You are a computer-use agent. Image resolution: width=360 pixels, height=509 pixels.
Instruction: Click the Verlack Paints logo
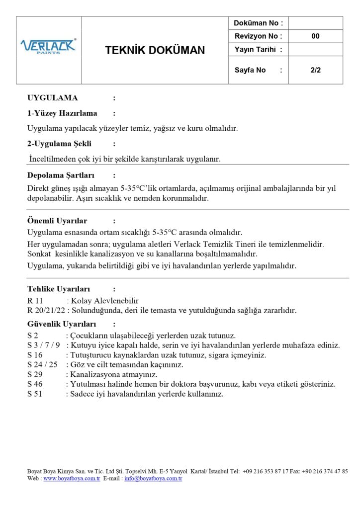48,46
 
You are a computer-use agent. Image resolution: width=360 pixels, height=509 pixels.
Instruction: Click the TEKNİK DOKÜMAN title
155,50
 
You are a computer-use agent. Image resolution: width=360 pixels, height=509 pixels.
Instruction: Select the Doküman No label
259,23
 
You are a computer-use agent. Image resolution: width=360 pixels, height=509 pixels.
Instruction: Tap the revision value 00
315,36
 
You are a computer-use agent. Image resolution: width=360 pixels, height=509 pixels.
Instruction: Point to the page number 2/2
315,70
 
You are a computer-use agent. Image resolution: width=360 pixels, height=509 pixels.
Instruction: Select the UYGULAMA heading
52,98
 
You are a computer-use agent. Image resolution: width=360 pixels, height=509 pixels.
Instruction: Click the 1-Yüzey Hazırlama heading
62,113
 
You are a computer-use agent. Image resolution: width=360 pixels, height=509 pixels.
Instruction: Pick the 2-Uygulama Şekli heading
59,144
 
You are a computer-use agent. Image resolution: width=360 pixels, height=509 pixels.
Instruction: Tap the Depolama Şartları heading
61,175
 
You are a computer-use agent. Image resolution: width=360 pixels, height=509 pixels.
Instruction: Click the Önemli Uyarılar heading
57,221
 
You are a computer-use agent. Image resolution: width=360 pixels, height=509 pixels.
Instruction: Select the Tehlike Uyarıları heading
58,289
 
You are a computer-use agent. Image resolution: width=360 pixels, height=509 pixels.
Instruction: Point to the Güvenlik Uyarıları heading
61,324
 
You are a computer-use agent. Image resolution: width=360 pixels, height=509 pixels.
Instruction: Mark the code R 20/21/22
46,311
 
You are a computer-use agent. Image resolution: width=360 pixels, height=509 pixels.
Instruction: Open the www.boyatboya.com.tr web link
72,479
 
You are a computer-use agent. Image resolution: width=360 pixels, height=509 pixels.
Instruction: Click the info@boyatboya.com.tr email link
153,479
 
